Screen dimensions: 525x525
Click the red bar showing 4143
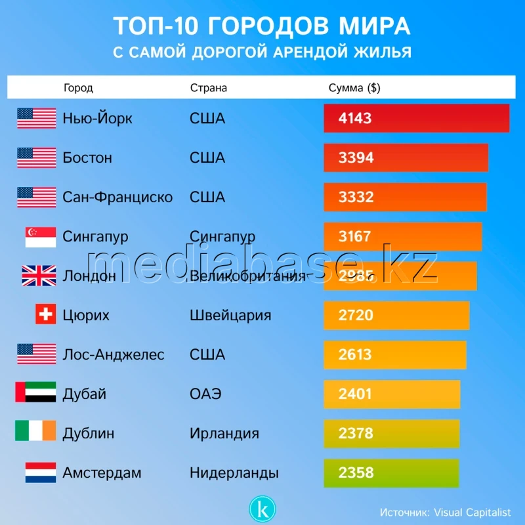[x=417, y=118]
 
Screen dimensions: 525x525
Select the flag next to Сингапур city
[x=41, y=237]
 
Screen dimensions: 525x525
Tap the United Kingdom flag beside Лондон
[x=39, y=276]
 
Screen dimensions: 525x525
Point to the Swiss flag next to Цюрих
[x=45, y=315]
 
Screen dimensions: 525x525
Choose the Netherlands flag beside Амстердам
[x=41, y=472]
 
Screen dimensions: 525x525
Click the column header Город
[x=78, y=88]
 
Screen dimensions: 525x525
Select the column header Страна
[x=208, y=88]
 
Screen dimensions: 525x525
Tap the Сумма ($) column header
[x=354, y=88]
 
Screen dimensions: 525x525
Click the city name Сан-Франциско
[x=117, y=197]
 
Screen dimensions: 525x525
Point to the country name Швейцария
[x=230, y=315]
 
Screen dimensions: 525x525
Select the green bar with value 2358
[x=391, y=472]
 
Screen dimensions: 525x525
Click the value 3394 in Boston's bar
[x=355, y=157]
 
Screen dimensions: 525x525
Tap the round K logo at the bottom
[x=262, y=509]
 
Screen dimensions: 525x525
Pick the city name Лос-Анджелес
[x=114, y=354]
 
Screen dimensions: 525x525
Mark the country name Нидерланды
[x=234, y=472]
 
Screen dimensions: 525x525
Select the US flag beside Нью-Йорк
[x=37, y=118]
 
